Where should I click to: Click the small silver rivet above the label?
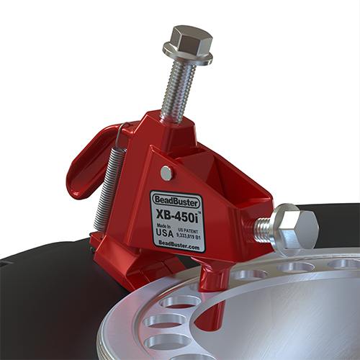click(x=166, y=173)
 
